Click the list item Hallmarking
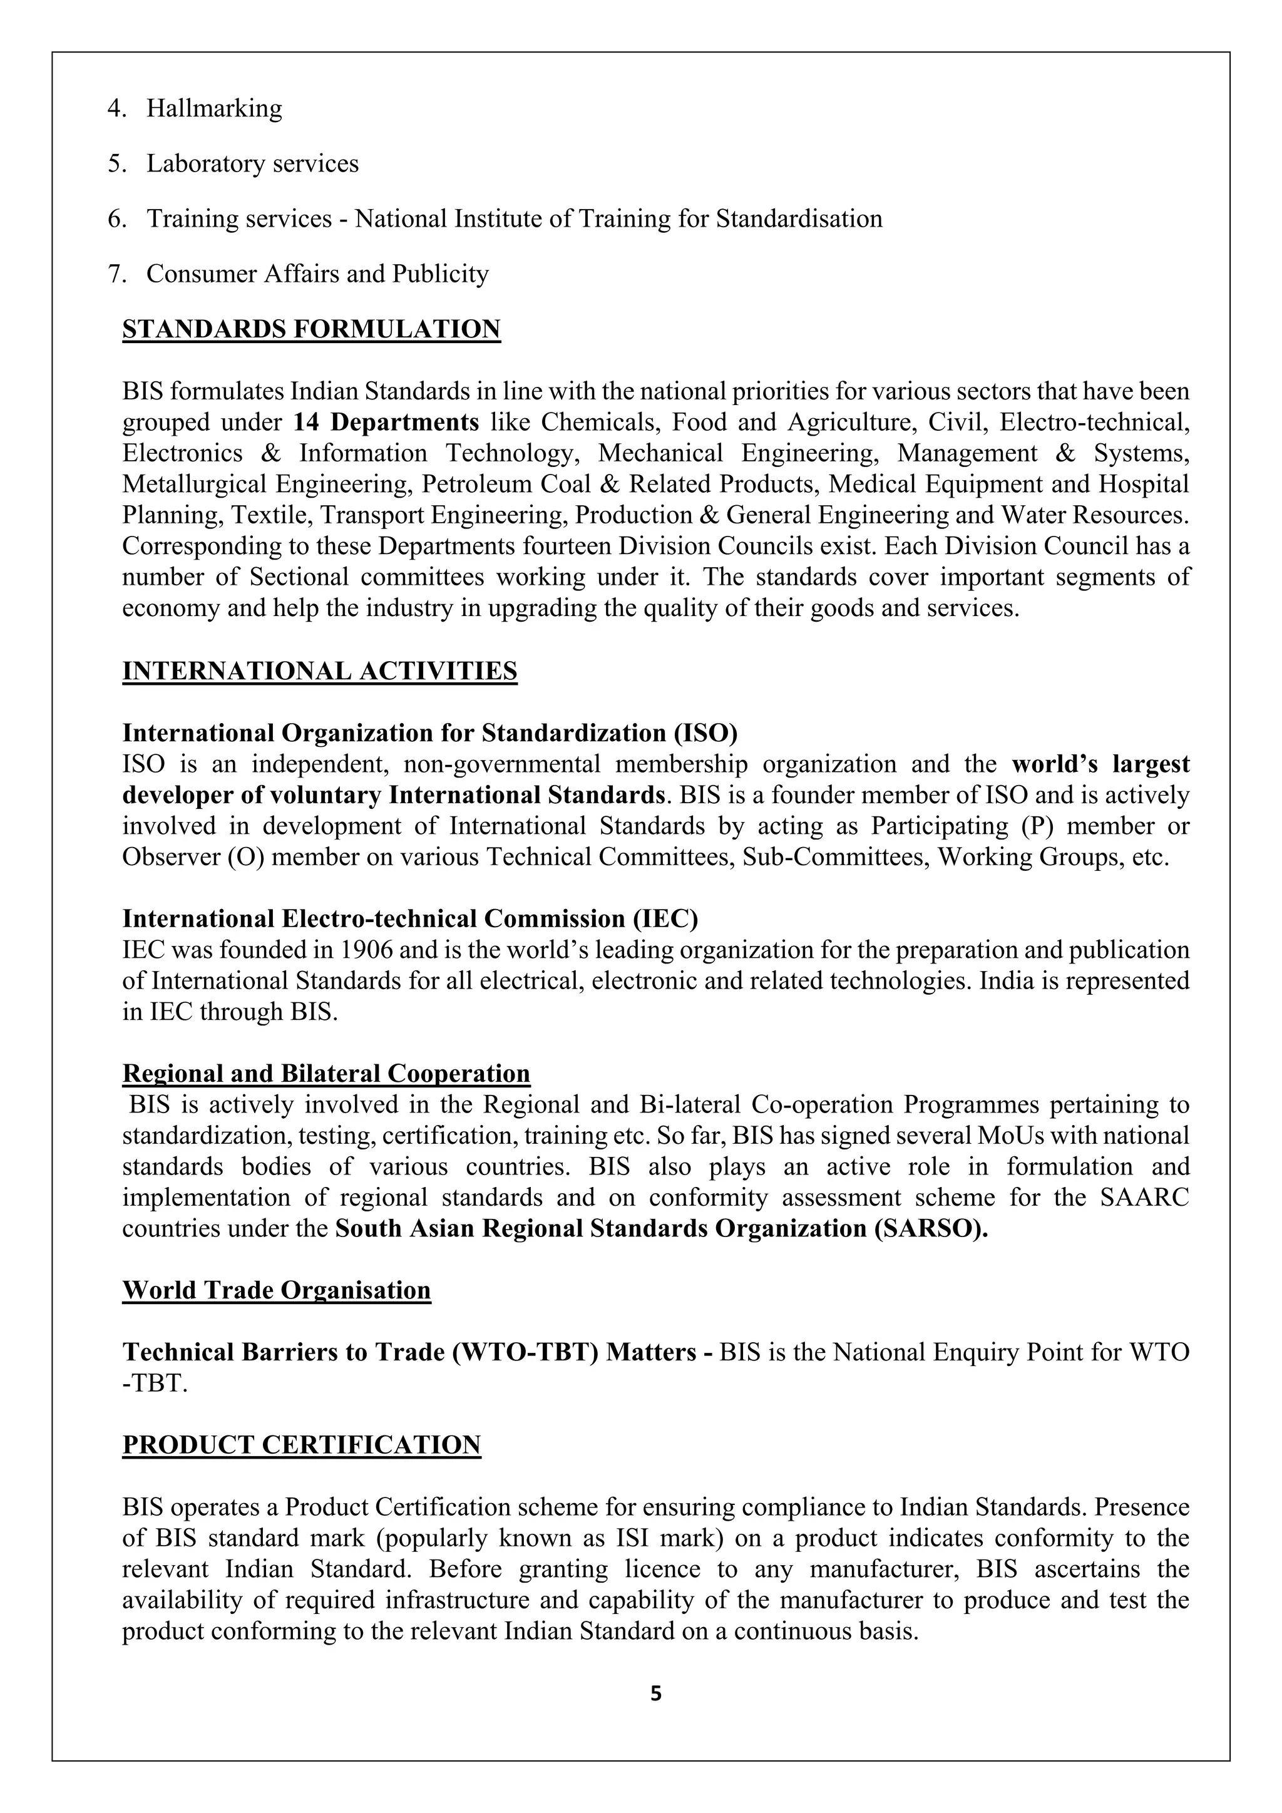214,108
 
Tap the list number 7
115,274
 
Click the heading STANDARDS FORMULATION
311,329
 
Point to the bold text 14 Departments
386,423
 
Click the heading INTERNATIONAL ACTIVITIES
320,671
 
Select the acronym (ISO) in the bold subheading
705,734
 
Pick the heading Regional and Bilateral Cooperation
326,1074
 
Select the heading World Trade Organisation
276,1291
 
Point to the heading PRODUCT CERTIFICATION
302,1445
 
